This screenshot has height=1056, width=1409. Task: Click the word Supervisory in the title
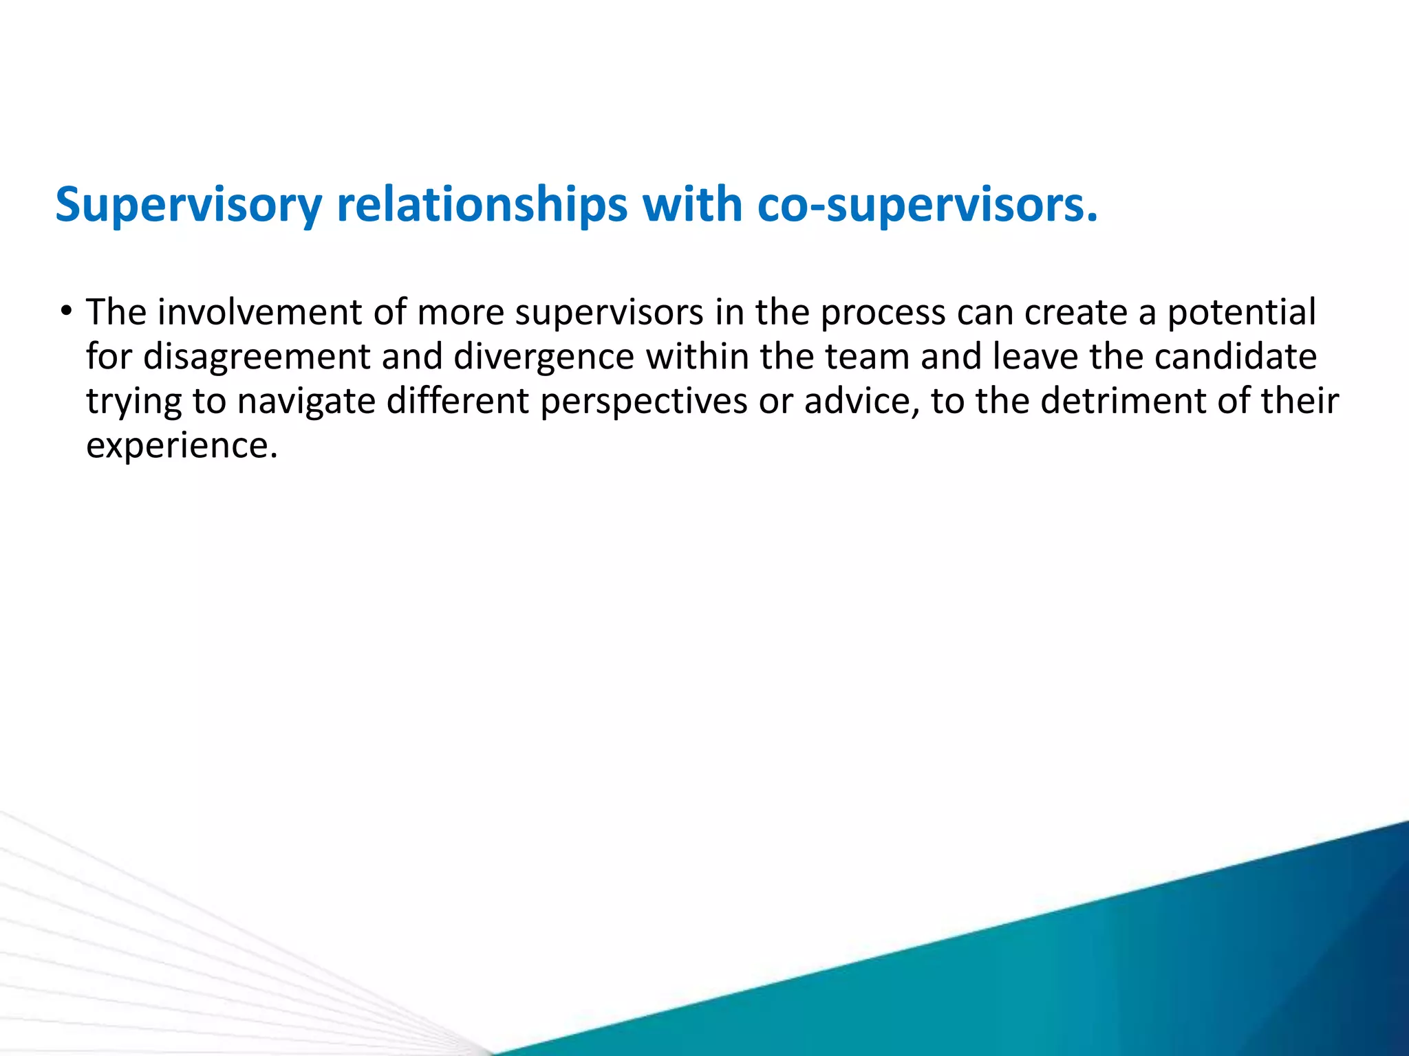point(189,205)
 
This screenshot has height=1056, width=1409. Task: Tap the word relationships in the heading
point(482,205)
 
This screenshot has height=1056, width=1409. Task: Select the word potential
point(1242,313)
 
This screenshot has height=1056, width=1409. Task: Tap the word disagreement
point(257,357)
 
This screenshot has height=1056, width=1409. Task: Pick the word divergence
point(544,357)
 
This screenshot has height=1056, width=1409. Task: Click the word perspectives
point(643,401)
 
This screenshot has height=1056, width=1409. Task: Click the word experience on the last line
point(181,445)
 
